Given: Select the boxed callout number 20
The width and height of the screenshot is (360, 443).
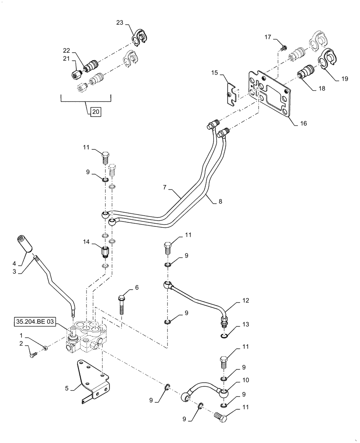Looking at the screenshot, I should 96,112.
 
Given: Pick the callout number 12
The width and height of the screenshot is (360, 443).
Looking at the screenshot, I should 245,301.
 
